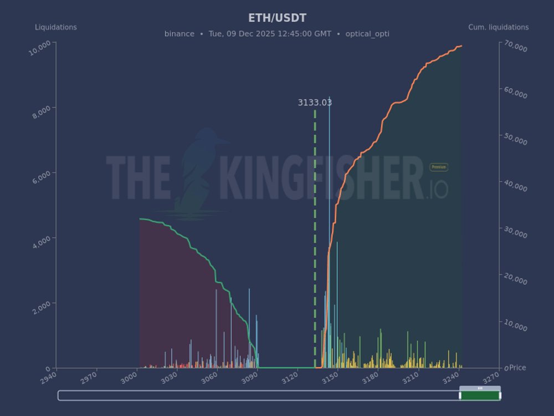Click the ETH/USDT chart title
pos(277,18)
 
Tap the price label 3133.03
pos(315,103)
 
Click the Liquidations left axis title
pos(56,27)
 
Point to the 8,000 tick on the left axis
pos(40,111)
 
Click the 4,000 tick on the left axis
pos(40,242)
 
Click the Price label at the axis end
pos(517,368)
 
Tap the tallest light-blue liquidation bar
pos(330,222)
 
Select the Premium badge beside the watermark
pos(439,167)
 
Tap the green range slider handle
pos(480,395)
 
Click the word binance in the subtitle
pos(179,34)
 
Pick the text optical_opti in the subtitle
pos(367,34)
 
